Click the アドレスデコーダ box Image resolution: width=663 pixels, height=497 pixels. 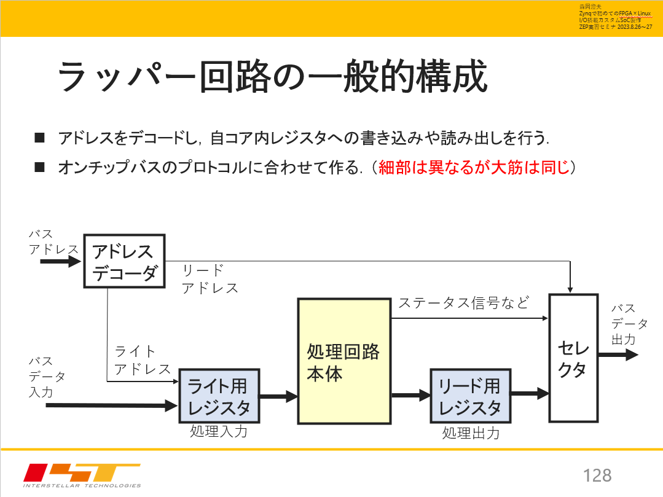pos(124,260)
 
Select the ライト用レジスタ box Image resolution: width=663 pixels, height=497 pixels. pos(219,396)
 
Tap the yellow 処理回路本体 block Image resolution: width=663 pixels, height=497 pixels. pos(344,361)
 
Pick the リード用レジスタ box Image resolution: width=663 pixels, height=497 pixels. pos(470,396)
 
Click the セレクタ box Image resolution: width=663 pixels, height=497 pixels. pos(573,358)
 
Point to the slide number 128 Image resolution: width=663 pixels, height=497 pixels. pos(597,475)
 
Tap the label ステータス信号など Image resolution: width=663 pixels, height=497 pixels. pos(463,303)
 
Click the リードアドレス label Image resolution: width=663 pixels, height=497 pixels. pos(209,279)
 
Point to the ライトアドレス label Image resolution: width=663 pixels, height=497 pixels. pos(142,360)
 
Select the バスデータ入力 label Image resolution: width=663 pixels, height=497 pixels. pos(46,376)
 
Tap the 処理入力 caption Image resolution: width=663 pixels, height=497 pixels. pos(219,431)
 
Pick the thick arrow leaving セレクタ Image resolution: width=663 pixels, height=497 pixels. pos(618,355)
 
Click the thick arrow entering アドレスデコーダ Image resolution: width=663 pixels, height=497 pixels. pos(60,262)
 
